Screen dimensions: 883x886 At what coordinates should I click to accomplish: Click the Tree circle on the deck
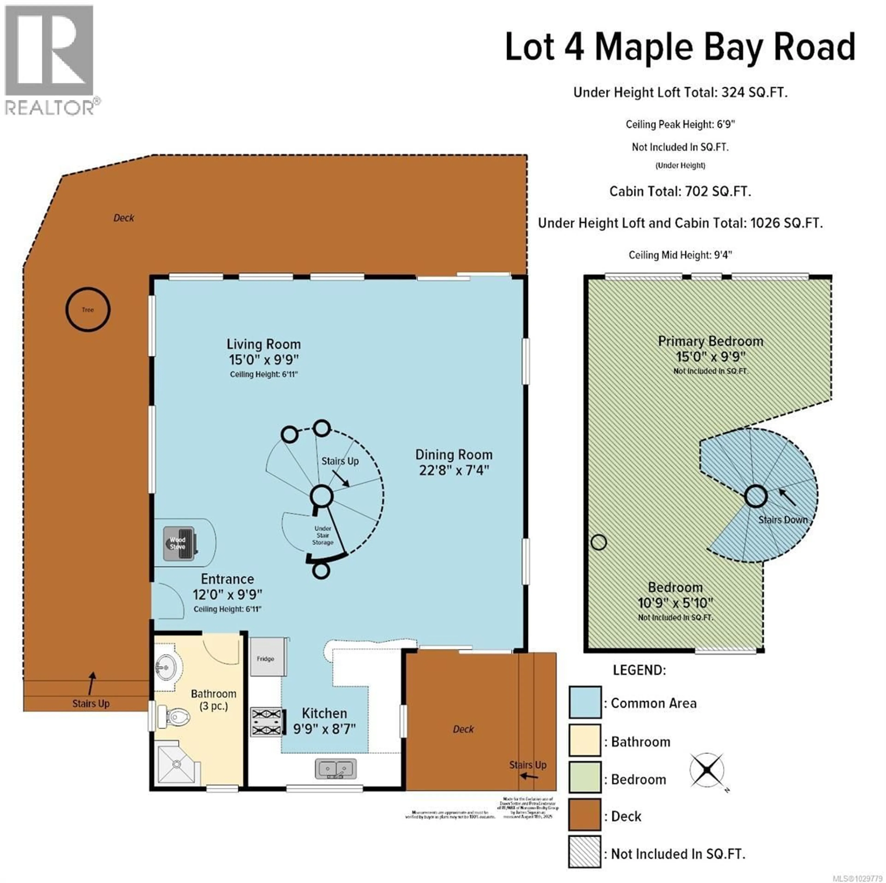coord(88,309)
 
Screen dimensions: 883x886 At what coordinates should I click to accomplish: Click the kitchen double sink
coord(336,768)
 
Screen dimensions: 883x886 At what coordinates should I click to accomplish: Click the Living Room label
coord(264,344)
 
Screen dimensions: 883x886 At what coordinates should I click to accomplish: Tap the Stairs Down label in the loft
coord(782,520)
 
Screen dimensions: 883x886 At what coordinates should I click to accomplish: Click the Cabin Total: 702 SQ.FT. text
coord(680,191)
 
